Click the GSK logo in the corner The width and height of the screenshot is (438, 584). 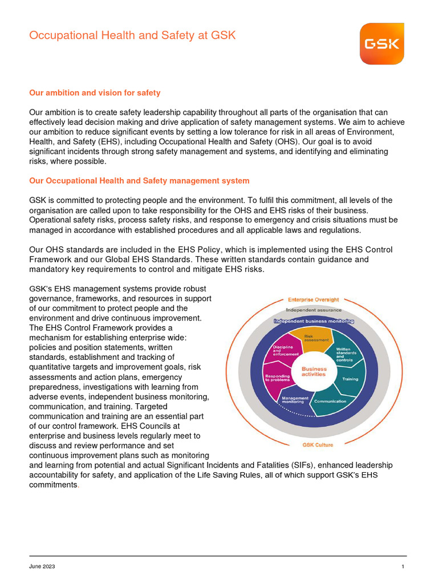click(x=382, y=44)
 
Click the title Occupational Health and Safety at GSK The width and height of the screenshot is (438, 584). click(x=132, y=35)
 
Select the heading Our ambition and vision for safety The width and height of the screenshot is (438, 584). click(x=95, y=92)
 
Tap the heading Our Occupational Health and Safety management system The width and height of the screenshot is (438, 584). click(x=139, y=181)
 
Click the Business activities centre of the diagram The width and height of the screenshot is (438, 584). click(x=314, y=372)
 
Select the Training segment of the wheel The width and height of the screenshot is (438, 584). click(x=350, y=379)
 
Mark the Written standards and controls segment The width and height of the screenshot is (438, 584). click(x=345, y=355)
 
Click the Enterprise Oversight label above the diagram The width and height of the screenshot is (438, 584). click(x=313, y=299)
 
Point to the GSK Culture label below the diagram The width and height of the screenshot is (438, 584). click(x=317, y=444)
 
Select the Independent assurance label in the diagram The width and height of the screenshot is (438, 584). click(x=314, y=310)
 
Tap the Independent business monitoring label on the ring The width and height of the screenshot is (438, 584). click(x=314, y=321)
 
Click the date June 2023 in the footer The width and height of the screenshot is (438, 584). click(x=42, y=566)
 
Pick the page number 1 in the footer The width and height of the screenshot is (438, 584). click(x=403, y=566)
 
